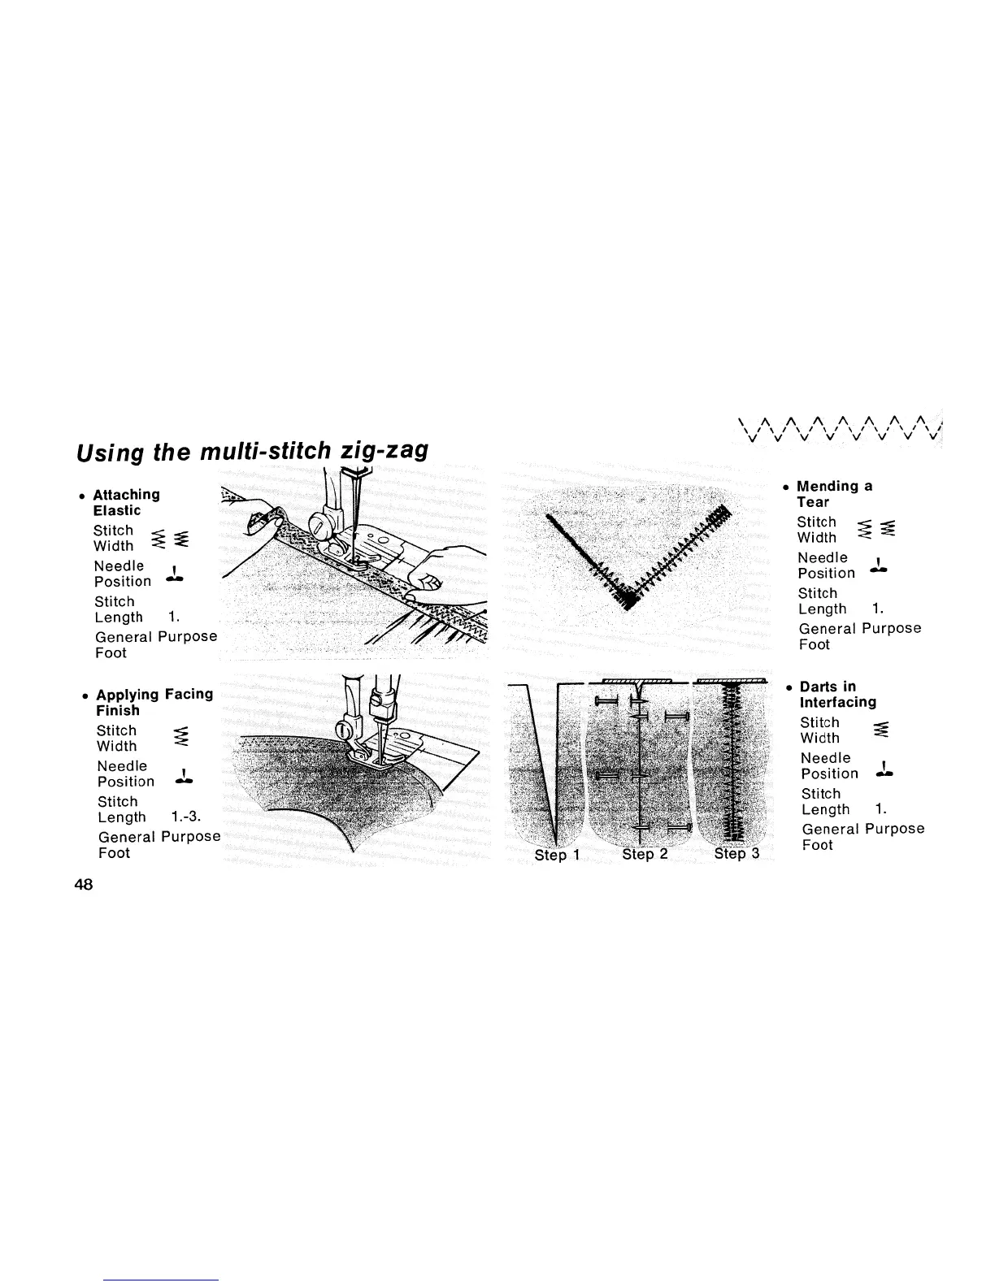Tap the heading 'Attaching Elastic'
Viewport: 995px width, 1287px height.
click(x=126, y=502)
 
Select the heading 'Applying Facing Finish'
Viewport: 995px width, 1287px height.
click(x=154, y=702)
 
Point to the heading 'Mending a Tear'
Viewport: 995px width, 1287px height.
click(x=834, y=494)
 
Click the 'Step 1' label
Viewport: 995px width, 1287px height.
click(x=557, y=855)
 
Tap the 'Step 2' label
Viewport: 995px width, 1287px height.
click(x=645, y=854)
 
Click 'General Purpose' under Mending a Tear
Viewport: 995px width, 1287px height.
click(x=860, y=628)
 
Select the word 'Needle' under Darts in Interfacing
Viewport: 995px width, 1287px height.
click(x=825, y=758)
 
